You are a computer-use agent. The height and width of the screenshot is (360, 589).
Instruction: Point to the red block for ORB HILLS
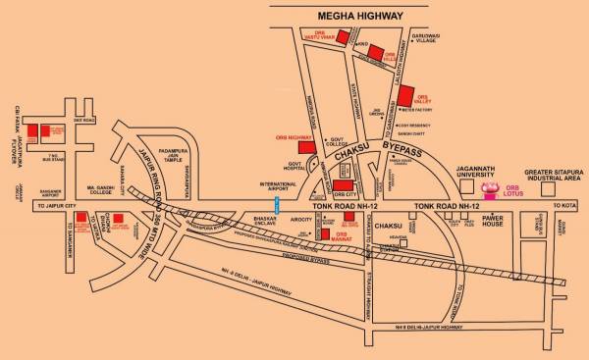coord(374,55)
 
